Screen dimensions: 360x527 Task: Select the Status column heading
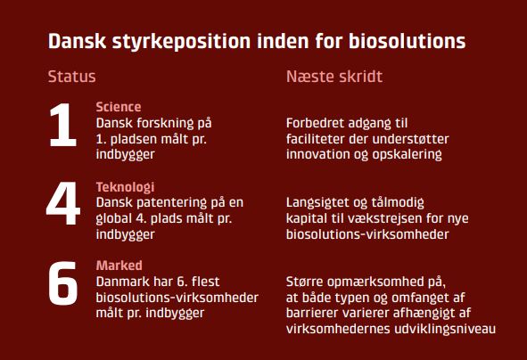(71, 77)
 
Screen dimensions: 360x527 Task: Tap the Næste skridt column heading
(333, 77)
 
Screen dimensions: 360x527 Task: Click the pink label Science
(118, 107)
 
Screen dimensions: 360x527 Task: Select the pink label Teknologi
(125, 187)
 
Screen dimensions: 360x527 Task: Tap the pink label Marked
(118, 266)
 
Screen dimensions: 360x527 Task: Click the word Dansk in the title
(78, 42)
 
